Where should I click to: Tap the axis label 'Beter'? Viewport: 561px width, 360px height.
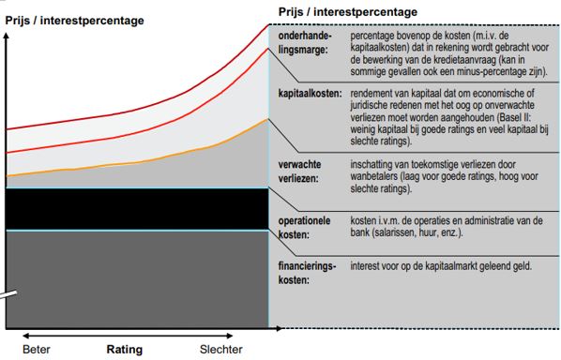(x=38, y=350)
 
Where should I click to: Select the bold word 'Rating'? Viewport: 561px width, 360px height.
(x=124, y=350)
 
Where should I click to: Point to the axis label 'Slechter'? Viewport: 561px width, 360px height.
(x=220, y=350)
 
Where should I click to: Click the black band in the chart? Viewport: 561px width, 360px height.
(x=136, y=208)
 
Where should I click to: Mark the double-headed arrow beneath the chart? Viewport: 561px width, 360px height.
(x=130, y=335)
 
